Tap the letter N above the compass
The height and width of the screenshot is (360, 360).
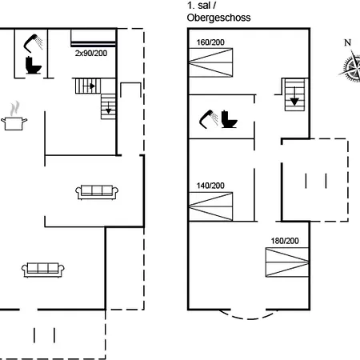point(347,42)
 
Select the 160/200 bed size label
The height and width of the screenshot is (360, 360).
point(210,42)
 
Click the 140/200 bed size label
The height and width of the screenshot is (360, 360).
point(210,186)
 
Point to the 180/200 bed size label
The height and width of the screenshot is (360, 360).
point(285,241)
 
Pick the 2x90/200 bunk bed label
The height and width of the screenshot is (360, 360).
point(91,54)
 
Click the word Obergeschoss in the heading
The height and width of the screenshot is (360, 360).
point(218,18)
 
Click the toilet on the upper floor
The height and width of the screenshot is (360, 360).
point(229,119)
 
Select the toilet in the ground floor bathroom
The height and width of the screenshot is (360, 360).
point(34,65)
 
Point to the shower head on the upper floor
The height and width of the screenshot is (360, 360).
point(209,119)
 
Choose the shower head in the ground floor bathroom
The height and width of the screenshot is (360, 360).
point(33,42)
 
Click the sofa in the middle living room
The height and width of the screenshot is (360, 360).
point(97,192)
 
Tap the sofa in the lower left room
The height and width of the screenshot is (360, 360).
point(43,270)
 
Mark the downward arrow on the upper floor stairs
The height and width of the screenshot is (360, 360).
point(294,96)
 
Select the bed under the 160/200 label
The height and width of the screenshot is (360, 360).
point(210,62)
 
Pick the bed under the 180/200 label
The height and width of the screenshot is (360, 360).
point(287,262)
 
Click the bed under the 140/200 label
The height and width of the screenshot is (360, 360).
point(210,206)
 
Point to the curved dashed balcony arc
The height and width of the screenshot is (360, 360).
point(249,318)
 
